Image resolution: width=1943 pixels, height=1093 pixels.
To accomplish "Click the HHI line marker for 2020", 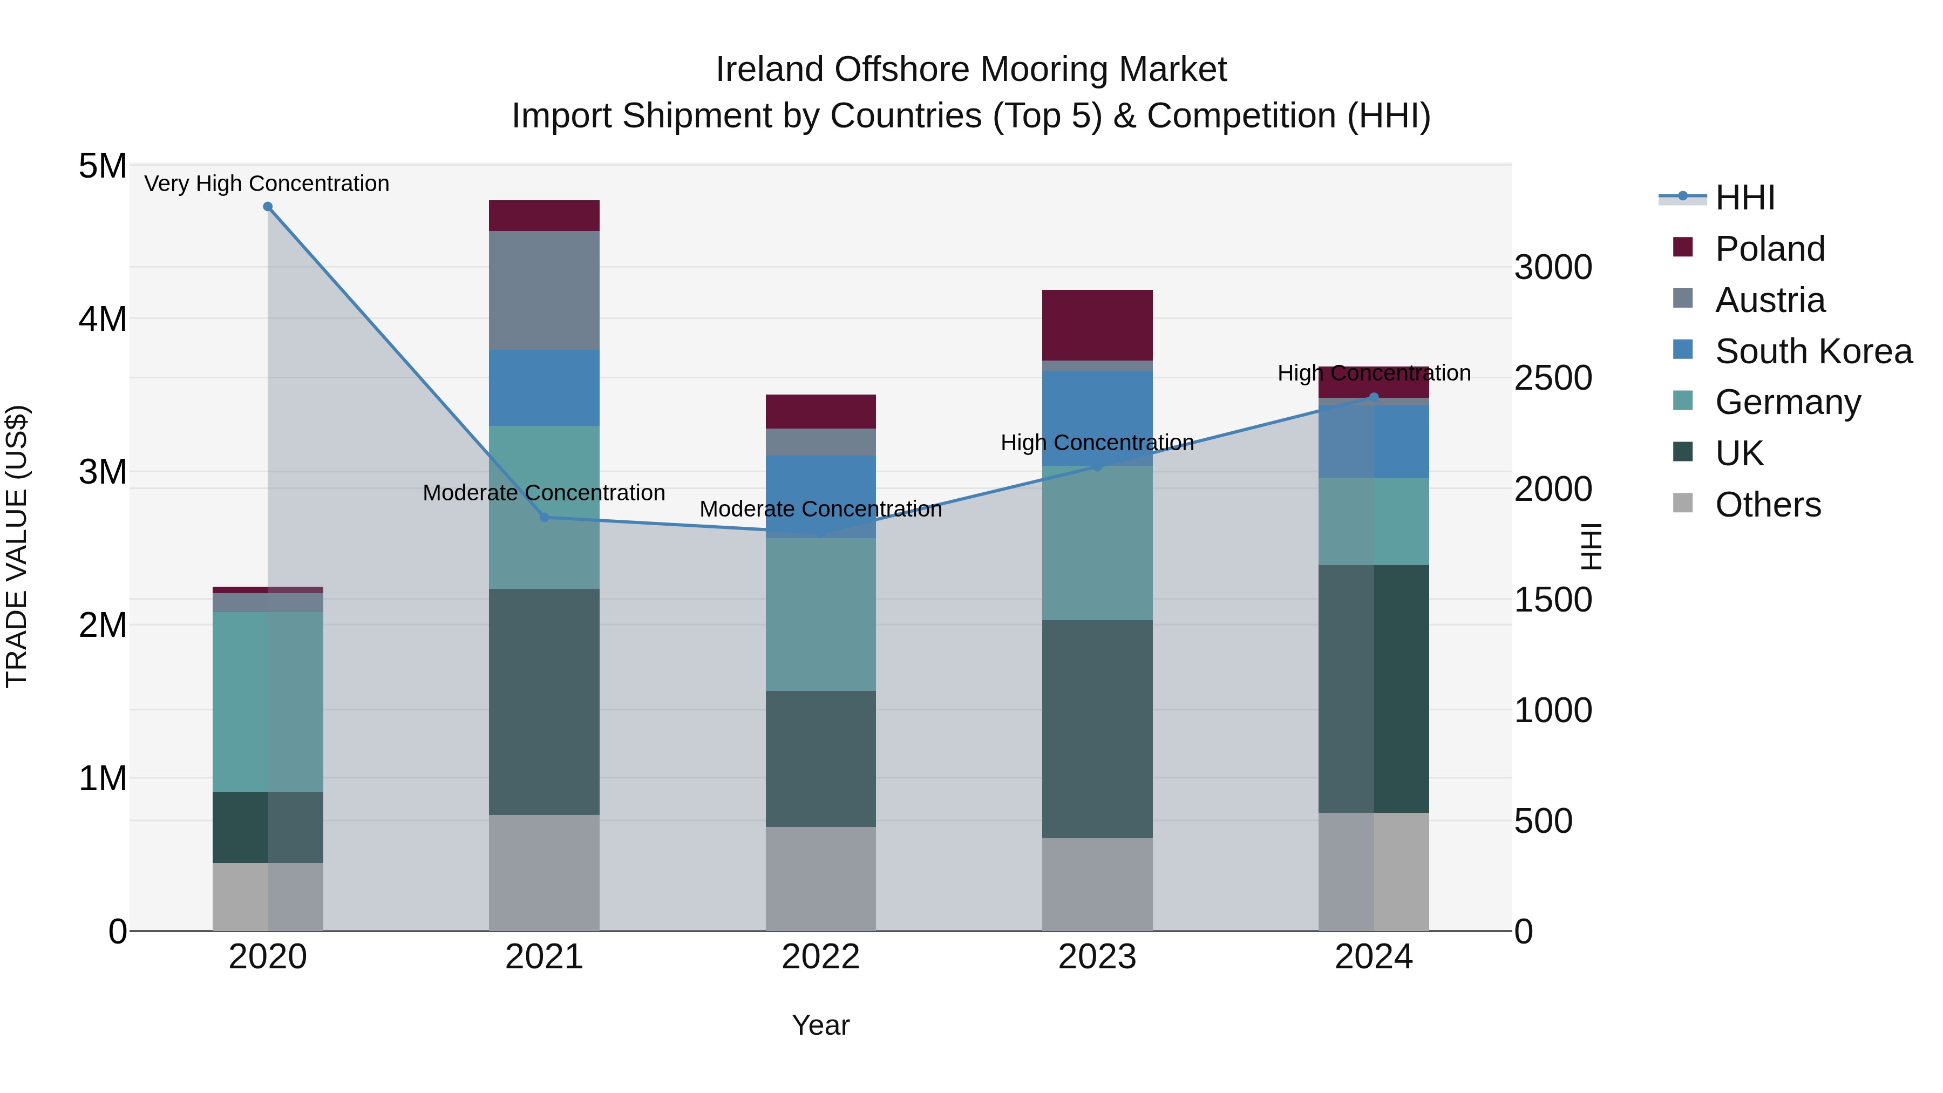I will pyautogui.click(x=268, y=207).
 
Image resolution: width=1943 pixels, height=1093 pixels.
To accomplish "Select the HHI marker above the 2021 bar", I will pyautogui.click(x=545, y=518).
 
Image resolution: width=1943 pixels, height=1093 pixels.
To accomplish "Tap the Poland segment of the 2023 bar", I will pyautogui.click(x=1097, y=325).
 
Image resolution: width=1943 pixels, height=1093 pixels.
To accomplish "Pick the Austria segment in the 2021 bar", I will pyautogui.click(x=544, y=290).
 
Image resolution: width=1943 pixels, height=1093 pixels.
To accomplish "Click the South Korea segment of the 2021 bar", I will pyautogui.click(x=544, y=388).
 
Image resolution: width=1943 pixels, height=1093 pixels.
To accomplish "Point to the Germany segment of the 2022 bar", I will pyautogui.click(x=820, y=614).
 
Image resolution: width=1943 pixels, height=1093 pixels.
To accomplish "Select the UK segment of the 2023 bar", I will pyautogui.click(x=1097, y=729).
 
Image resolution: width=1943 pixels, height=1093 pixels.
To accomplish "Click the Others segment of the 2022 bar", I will pyautogui.click(x=820, y=878).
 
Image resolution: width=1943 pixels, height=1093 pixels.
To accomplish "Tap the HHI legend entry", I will pyautogui.click(x=1744, y=198).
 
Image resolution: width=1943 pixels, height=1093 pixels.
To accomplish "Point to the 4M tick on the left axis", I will pyautogui.click(x=103, y=319).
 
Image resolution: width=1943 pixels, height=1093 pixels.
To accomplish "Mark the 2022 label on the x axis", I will pyautogui.click(x=820, y=957).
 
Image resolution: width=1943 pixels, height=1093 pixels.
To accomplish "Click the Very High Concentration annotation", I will pyautogui.click(x=267, y=184).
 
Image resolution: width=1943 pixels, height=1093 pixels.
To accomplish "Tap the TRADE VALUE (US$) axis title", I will pyautogui.click(x=17, y=546).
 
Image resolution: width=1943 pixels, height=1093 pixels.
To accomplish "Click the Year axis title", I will pyautogui.click(x=820, y=1025).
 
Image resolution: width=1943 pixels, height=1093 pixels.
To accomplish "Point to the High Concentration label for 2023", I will pyautogui.click(x=1097, y=443).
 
